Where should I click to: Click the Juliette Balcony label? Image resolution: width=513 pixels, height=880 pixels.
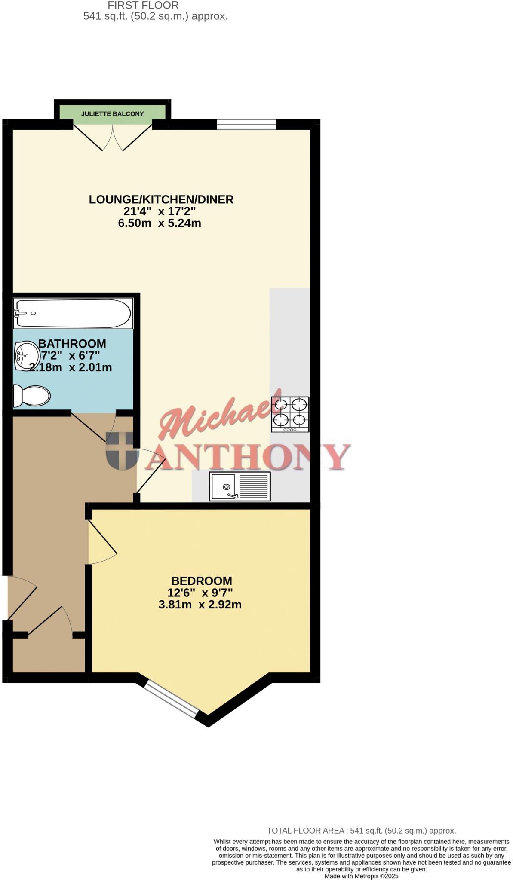pos(112,114)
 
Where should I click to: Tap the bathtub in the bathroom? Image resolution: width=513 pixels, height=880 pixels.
pos(73,313)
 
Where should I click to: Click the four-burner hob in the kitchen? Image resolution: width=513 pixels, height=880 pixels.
pos(290,414)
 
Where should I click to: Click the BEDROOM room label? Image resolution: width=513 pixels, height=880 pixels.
pos(201,581)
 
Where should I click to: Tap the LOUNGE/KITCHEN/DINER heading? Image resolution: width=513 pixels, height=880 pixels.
pos(161,199)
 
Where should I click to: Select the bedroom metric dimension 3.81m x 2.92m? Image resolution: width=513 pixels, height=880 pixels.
pos(200,605)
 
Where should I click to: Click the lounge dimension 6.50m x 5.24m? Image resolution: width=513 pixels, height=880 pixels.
pos(160,223)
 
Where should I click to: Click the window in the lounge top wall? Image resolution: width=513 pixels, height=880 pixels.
pos(246,124)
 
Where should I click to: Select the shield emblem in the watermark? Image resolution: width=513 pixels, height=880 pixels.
pos(122,451)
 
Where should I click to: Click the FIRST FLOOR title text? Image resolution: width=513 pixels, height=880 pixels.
pos(143,6)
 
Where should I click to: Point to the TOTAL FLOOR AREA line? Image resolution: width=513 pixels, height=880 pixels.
pos(361,831)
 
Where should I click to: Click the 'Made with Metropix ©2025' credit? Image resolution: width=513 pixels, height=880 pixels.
pos(361,876)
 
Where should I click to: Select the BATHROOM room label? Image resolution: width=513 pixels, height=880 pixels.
pos(72,343)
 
